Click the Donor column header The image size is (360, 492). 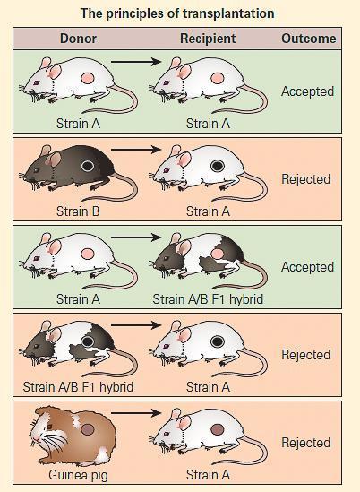[x=78, y=39]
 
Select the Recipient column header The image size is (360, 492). [x=208, y=39]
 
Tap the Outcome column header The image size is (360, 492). [x=309, y=39]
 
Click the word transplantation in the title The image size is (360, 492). [x=228, y=13]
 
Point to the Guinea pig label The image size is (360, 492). [x=78, y=475]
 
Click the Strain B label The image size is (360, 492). [x=78, y=211]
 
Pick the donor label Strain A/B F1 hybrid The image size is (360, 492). [x=78, y=387]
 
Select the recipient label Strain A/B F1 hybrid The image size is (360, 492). [x=208, y=299]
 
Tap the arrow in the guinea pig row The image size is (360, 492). [x=136, y=413]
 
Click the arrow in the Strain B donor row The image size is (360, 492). [x=136, y=150]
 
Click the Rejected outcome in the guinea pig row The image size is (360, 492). [x=305, y=443]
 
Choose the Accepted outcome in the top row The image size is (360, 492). [x=307, y=91]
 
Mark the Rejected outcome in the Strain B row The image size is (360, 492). [x=305, y=179]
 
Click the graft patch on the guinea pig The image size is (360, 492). [x=88, y=429]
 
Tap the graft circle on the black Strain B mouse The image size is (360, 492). [x=88, y=166]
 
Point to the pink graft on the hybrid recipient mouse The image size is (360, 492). [x=218, y=254]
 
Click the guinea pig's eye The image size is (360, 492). [x=49, y=427]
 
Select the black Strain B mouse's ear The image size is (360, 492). [x=55, y=160]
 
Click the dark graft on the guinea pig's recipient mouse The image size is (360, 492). [x=218, y=429]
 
